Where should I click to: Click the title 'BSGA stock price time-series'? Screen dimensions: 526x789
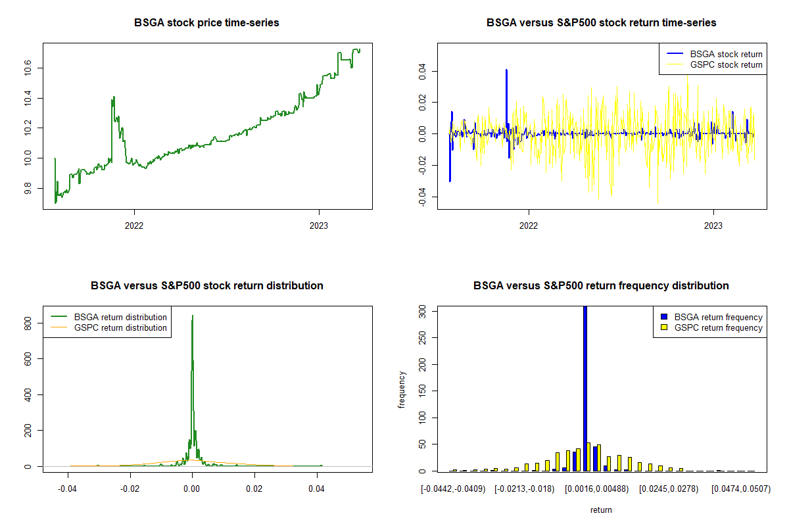(206, 23)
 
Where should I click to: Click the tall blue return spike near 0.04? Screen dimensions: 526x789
(506, 71)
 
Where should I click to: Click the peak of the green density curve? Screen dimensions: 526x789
(192, 316)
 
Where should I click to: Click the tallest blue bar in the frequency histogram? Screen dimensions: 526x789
(585, 388)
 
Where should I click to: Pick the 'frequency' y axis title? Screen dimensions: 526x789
(402, 389)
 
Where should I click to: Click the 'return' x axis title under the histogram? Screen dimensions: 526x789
(601, 510)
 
